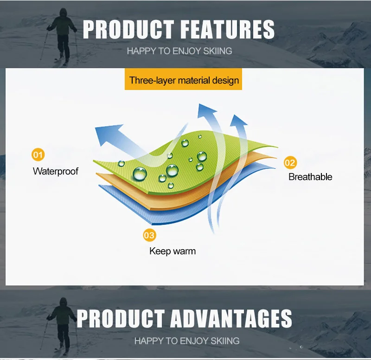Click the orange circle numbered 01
(x=38, y=154)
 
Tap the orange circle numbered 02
(x=290, y=163)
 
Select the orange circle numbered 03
(x=149, y=235)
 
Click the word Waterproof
(x=56, y=171)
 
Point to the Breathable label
(x=310, y=177)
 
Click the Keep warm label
(x=173, y=251)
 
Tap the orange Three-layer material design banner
(x=183, y=79)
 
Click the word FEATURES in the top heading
(x=227, y=29)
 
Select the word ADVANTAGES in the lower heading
(x=231, y=318)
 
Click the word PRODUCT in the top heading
(x=128, y=29)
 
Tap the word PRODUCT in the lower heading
(x=121, y=318)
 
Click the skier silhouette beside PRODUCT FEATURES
(x=62, y=36)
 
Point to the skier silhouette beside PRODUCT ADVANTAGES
(x=62, y=326)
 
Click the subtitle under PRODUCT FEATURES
(x=179, y=51)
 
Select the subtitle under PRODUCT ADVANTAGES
(x=187, y=341)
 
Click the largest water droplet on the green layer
(x=140, y=174)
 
